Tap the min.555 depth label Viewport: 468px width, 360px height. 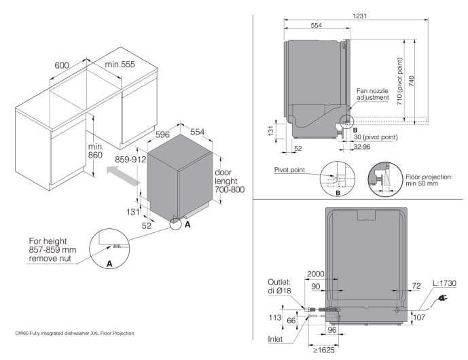pos(119,64)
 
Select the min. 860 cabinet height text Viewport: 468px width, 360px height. pos(94,151)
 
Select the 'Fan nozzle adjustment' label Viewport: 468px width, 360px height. pos(372,94)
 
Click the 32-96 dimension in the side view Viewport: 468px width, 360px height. pos(361,145)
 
